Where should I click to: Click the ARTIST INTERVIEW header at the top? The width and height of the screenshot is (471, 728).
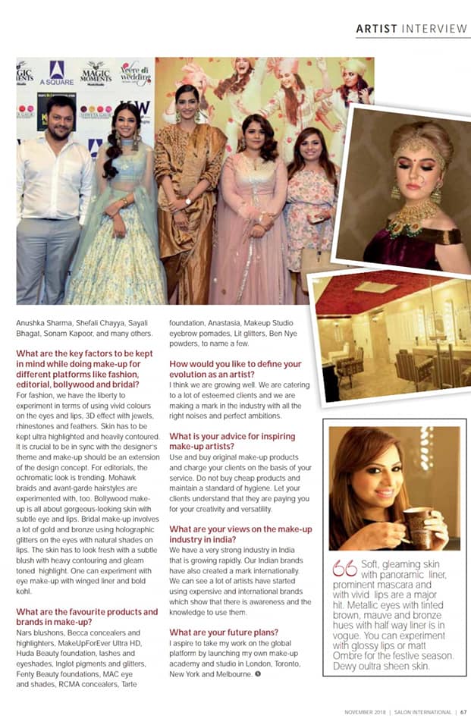point(411,29)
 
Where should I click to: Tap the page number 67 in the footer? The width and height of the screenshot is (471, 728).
point(463,712)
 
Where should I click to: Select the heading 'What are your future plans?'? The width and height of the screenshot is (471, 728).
point(224,632)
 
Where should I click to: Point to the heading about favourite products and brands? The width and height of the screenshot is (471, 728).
point(87,617)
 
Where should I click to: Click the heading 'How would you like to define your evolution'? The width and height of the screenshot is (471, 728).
point(235,369)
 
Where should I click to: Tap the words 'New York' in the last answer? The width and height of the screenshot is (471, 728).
point(187,673)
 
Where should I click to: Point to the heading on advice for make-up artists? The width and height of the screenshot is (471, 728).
point(232,442)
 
